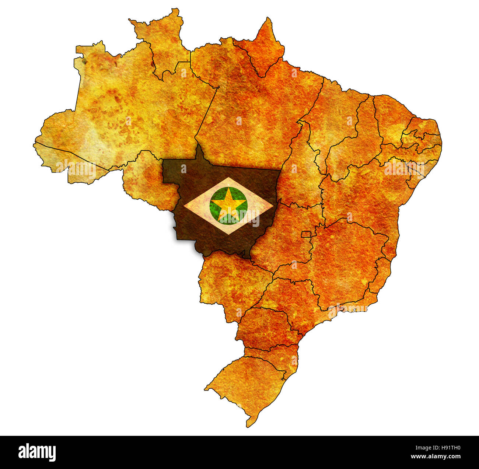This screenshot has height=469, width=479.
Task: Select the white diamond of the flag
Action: tap(197, 205)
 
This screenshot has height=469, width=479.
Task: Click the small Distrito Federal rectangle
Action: tap(306, 234)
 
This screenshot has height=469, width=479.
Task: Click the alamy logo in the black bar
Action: tap(37, 452)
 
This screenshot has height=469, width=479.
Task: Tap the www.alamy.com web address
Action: tap(436, 457)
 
